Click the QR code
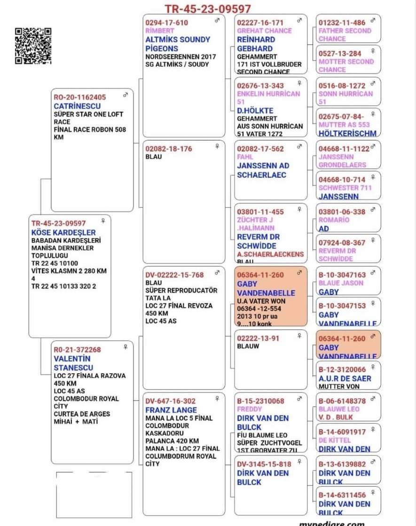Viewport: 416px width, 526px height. [33, 46]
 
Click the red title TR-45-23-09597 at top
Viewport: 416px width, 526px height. [207, 9]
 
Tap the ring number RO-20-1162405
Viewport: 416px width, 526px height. [80, 97]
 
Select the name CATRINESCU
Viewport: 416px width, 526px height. [77, 106]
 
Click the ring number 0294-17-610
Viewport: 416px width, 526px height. [166, 23]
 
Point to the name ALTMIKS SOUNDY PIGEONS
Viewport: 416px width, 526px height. [178, 44]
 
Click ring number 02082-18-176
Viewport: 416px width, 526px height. [169, 149]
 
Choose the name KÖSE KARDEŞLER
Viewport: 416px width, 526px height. [63, 232]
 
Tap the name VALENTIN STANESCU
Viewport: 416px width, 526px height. [73, 363]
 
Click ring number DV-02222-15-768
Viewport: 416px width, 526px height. [174, 275]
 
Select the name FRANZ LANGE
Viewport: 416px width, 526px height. [171, 410]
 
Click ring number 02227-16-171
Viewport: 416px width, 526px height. [260, 23]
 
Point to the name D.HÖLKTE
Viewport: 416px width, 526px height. [255, 111]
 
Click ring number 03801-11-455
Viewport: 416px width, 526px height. [260, 212]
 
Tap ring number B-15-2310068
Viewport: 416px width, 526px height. [260, 401]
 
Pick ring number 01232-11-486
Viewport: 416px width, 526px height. [342, 23]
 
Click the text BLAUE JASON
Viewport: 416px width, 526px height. [341, 283]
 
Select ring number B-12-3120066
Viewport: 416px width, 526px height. [342, 369]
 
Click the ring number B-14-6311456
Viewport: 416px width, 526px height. [342, 495]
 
